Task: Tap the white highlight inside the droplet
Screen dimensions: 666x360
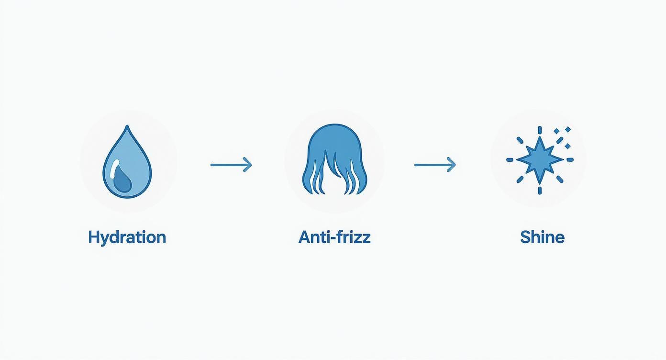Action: tap(114, 169)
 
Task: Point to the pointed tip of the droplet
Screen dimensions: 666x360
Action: tap(127, 125)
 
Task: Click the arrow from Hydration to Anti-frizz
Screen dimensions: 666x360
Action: tap(231, 165)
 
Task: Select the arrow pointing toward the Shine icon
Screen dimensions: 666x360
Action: tap(435, 165)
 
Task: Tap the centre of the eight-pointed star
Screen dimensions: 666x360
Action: tap(540, 159)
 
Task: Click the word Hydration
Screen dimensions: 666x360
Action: tap(127, 237)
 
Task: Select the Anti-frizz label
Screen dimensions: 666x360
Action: tap(334, 237)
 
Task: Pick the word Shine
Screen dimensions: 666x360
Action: tap(542, 237)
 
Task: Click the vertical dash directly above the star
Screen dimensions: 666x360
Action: tap(540, 130)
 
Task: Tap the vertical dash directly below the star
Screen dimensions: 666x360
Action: tap(540, 191)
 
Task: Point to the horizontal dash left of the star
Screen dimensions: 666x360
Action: tap(510, 160)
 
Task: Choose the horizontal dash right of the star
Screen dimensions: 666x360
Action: tap(570, 160)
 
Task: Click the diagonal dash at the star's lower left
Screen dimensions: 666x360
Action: tap(520, 180)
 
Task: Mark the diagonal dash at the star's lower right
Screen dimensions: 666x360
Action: tap(560, 179)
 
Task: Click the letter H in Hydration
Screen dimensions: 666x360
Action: tap(94, 237)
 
